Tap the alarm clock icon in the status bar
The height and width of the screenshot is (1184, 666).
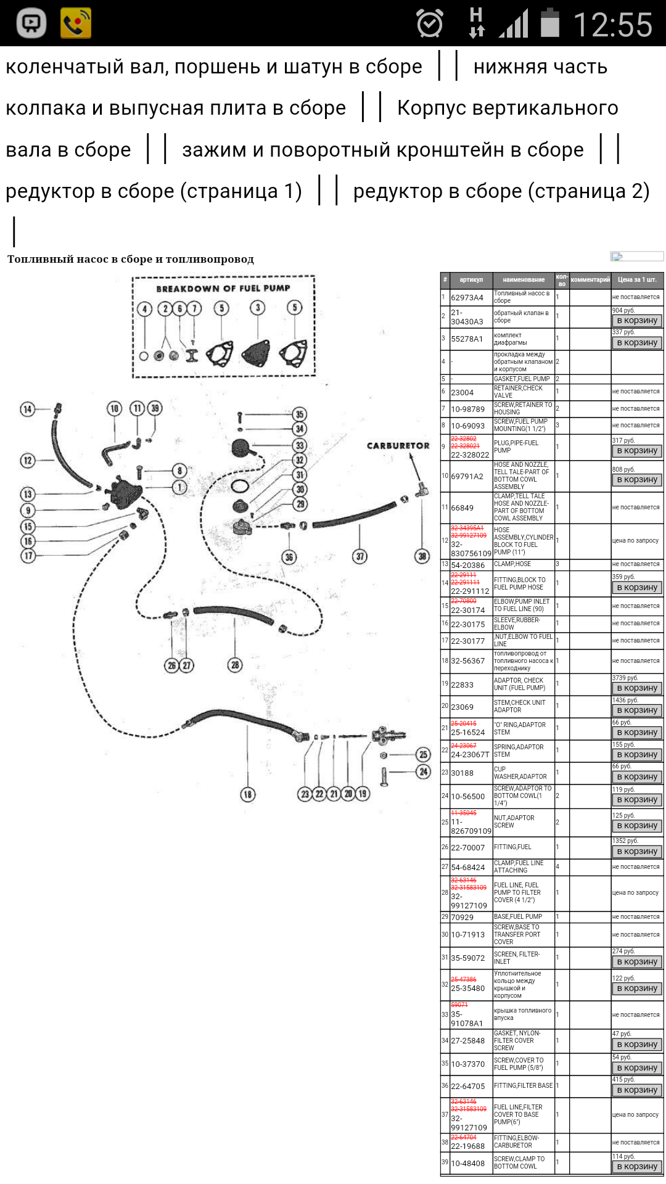[x=430, y=24]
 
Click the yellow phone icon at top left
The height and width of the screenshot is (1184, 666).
[x=75, y=23]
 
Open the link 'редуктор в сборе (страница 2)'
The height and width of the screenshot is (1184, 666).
[x=501, y=191]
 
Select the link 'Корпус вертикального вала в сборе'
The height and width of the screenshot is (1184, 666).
[x=507, y=109]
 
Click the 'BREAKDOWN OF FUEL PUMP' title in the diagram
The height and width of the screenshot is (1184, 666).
[x=223, y=289]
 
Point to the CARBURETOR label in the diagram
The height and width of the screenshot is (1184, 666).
[x=398, y=446]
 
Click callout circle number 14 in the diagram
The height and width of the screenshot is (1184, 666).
[x=27, y=409]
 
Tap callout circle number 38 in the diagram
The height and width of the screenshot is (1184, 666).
[x=422, y=556]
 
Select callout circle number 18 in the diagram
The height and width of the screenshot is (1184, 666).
[x=247, y=794]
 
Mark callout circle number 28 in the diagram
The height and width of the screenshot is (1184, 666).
[x=235, y=665]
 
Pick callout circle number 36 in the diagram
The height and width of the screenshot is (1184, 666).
[x=289, y=557]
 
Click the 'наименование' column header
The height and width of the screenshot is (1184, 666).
[x=524, y=280]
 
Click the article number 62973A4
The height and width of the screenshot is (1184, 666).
[x=467, y=298]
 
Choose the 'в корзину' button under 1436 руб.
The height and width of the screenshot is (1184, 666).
[x=637, y=710]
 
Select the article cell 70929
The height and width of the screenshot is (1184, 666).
[x=462, y=918]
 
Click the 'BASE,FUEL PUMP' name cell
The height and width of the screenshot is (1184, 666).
[x=518, y=917]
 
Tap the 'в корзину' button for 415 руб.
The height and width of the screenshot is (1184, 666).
[x=637, y=1090]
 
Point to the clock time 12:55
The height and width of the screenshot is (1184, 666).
[x=612, y=25]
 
